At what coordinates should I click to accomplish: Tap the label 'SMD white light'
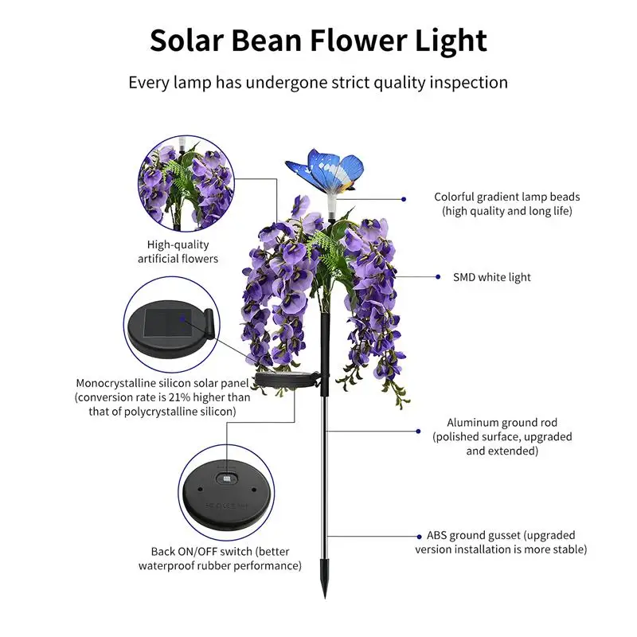[x=492, y=277]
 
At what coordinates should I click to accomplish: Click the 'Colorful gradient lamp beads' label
[x=507, y=204]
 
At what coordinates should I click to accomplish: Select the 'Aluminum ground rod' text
[x=502, y=423]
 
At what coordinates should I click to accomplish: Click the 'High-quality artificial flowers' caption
[x=178, y=252]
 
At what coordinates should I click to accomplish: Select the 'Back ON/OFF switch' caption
[x=220, y=558]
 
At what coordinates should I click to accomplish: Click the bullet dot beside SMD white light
[x=438, y=277]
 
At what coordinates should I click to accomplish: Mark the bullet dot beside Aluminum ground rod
[x=419, y=431]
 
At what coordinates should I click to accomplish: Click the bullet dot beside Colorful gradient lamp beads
[x=404, y=198]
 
